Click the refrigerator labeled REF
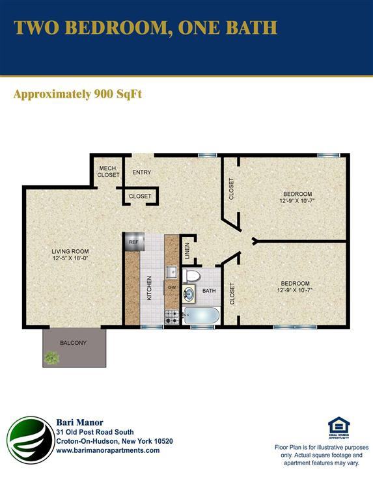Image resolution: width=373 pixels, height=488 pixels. (x=133, y=241)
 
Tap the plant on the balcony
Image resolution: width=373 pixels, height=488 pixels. (x=51, y=357)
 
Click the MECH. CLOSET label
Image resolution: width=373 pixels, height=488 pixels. (x=109, y=172)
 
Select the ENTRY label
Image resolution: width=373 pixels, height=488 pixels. (x=142, y=172)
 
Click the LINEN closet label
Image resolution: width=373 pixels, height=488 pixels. (x=187, y=251)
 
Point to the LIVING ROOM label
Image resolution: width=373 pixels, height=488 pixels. (x=70, y=251)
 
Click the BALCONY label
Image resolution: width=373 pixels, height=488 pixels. (x=73, y=343)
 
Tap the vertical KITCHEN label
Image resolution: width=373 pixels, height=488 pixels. (x=149, y=288)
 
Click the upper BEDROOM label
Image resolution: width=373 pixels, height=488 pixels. (x=297, y=194)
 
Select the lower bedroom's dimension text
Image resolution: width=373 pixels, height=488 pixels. (x=295, y=290)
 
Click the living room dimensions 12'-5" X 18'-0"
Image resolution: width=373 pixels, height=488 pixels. (x=70, y=258)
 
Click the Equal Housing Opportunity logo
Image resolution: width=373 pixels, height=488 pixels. (x=338, y=428)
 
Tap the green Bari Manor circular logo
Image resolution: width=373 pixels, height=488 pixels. (x=31, y=441)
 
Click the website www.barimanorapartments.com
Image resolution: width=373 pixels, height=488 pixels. (x=107, y=450)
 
